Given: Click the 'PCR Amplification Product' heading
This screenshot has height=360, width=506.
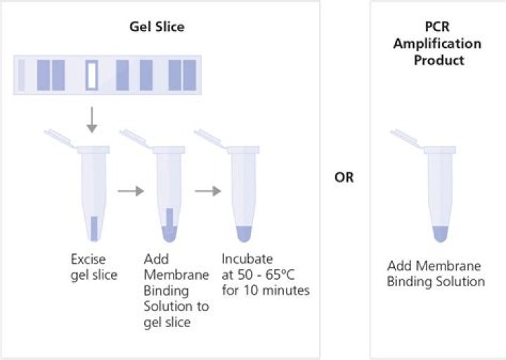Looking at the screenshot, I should click(438, 44).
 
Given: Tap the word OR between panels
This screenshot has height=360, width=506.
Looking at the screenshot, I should click(344, 177).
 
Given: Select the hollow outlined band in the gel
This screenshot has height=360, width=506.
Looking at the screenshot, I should click(92, 75).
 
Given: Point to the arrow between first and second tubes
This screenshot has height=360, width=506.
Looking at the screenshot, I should click(131, 190).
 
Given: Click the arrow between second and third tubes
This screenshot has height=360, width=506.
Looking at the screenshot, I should click(204, 190).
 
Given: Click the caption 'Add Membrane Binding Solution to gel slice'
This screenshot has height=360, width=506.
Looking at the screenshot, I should click(176, 290).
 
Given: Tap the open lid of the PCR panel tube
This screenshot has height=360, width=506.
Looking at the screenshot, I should click(408, 139).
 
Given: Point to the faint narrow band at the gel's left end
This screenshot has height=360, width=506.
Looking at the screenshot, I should click(22, 75).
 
